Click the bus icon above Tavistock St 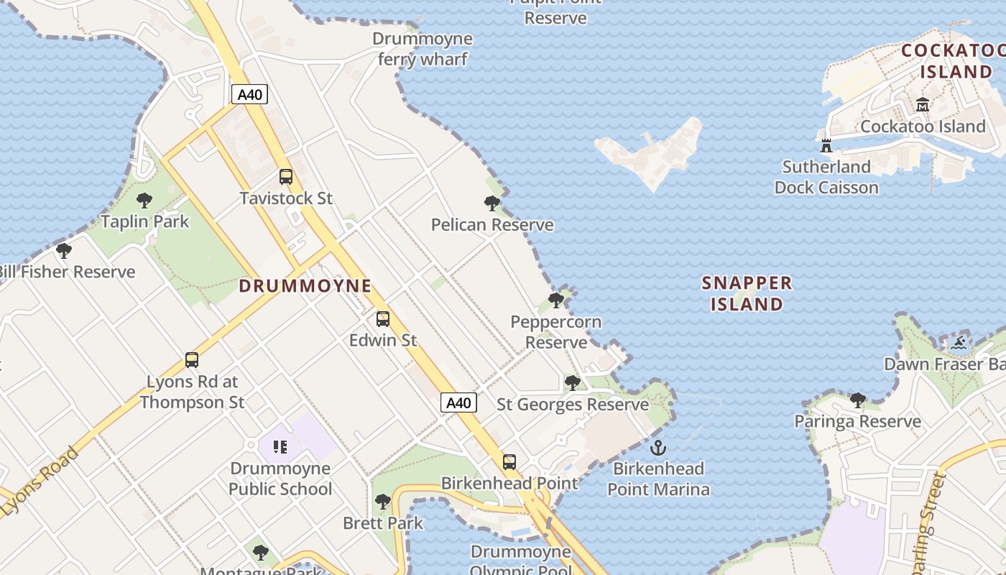(286, 176)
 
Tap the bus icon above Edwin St (383, 318)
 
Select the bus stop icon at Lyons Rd (192, 359)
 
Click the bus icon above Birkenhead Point (509, 461)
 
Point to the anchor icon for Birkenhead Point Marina (657, 448)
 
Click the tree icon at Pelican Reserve (492, 203)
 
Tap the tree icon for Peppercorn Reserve (555, 300)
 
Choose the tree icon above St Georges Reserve (573, 383)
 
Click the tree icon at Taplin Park (144, 200)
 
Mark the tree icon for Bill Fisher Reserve (64, 251)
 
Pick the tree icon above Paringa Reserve (857, 400)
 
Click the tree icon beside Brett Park (383, 501)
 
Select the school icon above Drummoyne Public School (280, 447)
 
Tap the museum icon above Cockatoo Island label (923, 105)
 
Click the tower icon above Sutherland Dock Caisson (826, 145)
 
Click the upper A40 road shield (249, 94)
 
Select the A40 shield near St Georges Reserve (458, 402)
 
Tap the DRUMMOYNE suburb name (305, 286)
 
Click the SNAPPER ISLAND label (747, 293)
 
